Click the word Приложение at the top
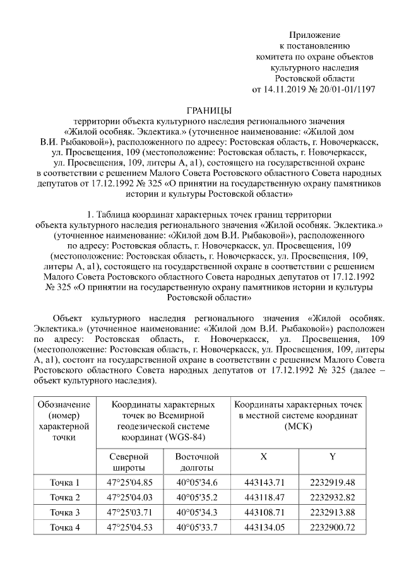coord(314,34)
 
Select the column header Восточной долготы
coord(196,462)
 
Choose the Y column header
coord(332,456)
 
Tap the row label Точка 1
coord(65,483)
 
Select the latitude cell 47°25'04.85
coord(130,483)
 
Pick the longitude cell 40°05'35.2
coord(196,498)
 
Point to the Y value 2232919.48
coord(332,483)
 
